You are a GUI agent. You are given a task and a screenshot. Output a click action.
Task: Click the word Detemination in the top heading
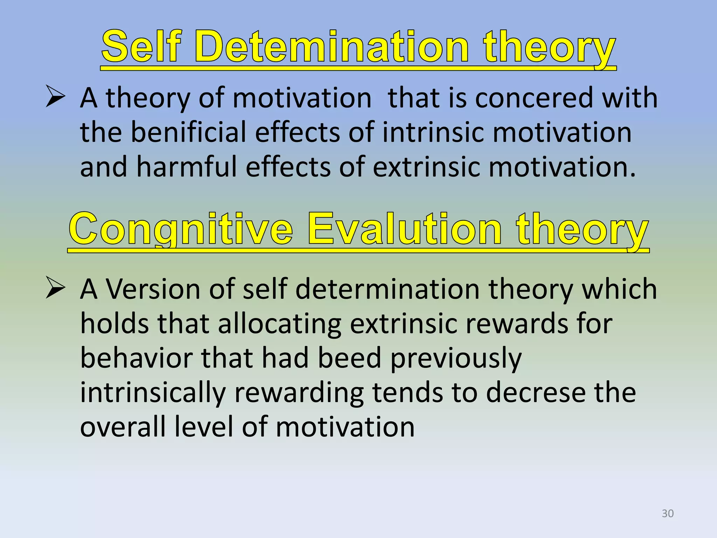[x=331, y=47]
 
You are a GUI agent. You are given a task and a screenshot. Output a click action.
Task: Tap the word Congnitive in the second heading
[x=181, y=229]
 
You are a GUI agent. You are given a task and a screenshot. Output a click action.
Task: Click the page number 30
[x=668, y=513]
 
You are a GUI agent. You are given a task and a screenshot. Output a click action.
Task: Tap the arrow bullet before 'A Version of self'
[x=55, y=289]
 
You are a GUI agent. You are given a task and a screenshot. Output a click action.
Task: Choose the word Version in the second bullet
[x=153, y=290]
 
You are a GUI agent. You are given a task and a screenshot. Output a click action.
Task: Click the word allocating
[x=280, y=324]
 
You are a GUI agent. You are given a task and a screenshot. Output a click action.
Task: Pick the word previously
[x=456, y=359]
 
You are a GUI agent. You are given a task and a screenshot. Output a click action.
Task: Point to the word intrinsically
[x=153, y=393]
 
